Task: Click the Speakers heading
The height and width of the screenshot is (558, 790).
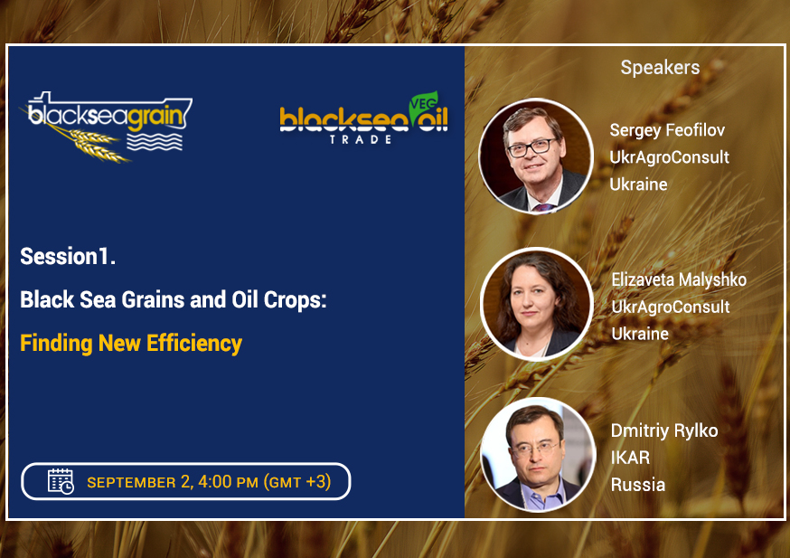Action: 660,68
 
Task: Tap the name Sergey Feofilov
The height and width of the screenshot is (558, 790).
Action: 667,130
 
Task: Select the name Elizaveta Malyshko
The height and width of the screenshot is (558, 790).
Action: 679,279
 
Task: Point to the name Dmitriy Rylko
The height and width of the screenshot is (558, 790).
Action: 664,431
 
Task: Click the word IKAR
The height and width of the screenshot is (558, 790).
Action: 630,458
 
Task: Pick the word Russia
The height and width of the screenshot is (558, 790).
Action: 638,485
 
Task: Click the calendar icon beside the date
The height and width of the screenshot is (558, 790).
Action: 61,481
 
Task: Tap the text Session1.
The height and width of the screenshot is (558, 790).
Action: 68,256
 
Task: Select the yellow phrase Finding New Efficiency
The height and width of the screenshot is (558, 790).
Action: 131,344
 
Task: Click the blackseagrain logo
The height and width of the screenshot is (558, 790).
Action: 107,126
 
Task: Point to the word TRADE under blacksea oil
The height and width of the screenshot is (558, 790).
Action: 361,139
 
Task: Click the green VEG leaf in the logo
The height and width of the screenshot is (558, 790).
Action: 423,104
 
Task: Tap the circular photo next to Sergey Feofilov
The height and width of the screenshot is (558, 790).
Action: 536,156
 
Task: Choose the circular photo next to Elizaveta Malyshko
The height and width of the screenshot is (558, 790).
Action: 537,304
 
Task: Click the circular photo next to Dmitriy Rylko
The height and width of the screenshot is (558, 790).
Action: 538,455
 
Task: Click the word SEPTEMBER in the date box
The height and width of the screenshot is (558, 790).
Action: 131,482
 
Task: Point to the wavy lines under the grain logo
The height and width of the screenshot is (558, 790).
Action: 155,142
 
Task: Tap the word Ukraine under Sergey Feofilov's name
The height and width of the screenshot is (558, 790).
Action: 638,184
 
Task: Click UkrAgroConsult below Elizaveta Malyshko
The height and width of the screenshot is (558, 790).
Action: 671,307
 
